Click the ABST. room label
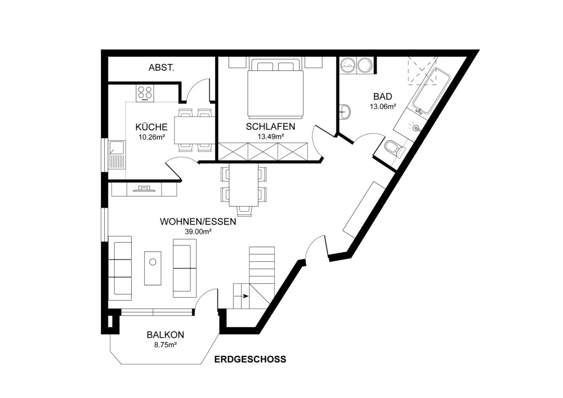tap(161, 68)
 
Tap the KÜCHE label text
tap(151, 127)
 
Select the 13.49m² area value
tap(271, 136)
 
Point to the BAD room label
tap(382, 96)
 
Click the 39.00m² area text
tap(198, 231)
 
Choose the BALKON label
tap(165, 335)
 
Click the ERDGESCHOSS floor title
tap(251, 359)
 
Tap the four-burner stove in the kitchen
tap(145, 93)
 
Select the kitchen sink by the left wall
tap(117, 155)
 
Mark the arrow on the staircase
tap(241, 296)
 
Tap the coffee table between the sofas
tap(153, 267)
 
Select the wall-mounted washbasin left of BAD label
tap(344, 111)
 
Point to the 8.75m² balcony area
tap(165, 345)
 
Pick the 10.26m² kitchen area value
tap(151, 136)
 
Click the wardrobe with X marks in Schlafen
tap(263, 151)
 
